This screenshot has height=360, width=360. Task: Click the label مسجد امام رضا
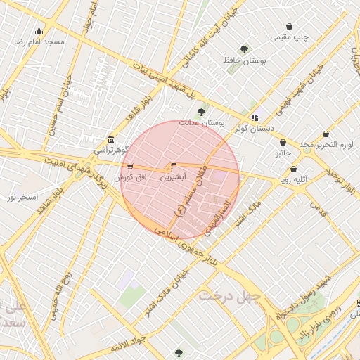(39, 42)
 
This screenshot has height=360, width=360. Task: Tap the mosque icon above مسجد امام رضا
(39, 31)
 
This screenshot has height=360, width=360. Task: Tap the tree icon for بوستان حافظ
(244, 49)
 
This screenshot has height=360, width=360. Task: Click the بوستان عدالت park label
(201, 123)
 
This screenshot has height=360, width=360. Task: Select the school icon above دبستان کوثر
(255, 117)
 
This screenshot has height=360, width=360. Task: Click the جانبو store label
(283, 153)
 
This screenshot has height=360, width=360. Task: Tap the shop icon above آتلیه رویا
(293, 169)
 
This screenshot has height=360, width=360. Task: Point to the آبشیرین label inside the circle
(173, 178)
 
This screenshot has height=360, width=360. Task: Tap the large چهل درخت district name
(229, 296)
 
